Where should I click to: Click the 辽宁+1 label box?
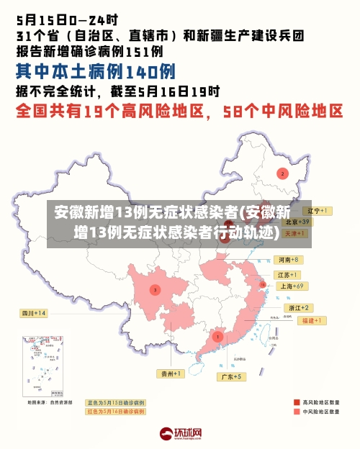(x=315, y=211)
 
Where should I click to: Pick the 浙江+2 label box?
(x=295, y=307)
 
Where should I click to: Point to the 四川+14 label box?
(x=33, y=314)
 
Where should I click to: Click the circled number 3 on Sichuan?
(x=155, y=289)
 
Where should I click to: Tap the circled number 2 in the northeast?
(x=283, y=173)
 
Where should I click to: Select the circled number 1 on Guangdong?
(x=217, y=336)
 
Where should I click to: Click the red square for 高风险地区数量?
(x=297, y=402)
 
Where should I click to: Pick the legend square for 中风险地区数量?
(x=297, y=412)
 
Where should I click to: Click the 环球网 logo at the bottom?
(x=180, y=434)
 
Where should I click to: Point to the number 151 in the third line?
(x=145, y=51)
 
